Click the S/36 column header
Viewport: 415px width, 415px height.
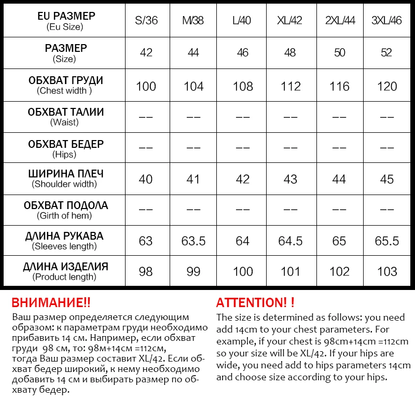[146, 21]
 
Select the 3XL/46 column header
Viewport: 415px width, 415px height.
[387, 21]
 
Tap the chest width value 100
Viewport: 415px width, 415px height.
[146, 86]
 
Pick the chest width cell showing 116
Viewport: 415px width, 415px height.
[339, 86]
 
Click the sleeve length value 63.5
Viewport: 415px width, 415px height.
[194, 241]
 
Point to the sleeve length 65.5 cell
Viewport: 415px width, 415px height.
[387, 241]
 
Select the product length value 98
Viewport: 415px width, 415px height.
[146, 271]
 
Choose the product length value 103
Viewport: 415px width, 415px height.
[387, 271]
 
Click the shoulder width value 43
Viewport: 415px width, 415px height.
[290, 179]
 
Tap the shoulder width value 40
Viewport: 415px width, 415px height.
[146, 179]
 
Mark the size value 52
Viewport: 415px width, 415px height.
[387, 53]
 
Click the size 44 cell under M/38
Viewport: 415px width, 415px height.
[194, 53]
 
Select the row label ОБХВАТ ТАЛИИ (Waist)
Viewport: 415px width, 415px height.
[65, 117]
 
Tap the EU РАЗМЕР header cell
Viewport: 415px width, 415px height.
[65, 21]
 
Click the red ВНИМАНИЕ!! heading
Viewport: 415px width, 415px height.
[51, 303]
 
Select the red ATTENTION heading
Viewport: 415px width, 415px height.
[255, 303]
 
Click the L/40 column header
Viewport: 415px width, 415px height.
[242, 21]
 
